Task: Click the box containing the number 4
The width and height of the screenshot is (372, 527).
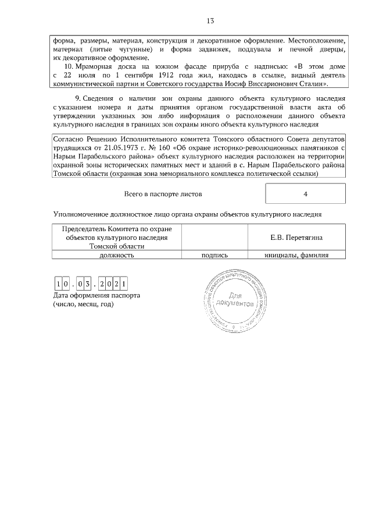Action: tap(305, 194)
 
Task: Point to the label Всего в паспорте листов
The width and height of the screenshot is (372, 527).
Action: tap(163, 194)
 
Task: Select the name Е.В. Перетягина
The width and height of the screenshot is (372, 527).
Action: tap(297, 238)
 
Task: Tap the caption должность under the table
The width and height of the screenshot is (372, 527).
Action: tap(117, 254)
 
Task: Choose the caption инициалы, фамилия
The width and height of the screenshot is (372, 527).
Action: tap(297, 254)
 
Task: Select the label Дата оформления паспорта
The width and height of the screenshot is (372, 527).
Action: tap(96, 296)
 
